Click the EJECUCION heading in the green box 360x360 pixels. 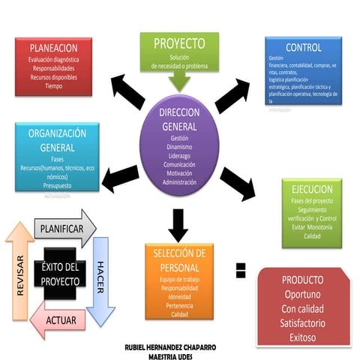pos(312,189)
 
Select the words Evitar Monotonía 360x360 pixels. pos(312,226)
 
